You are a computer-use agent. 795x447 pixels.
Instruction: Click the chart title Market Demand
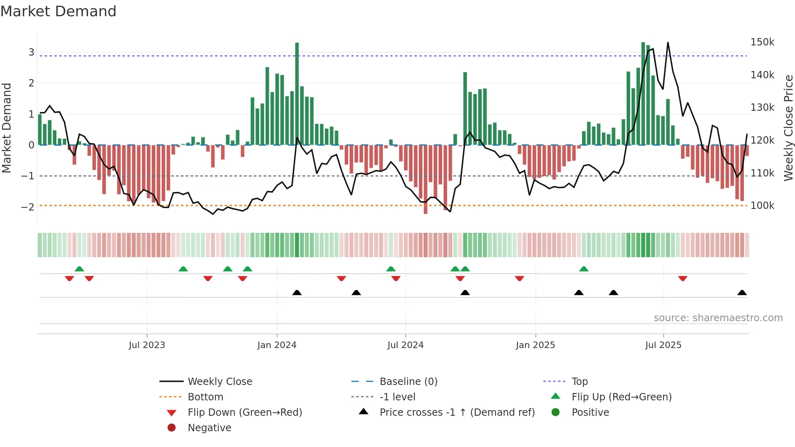(x=58, y=11)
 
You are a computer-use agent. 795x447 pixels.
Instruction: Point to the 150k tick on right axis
(x=762, y=42)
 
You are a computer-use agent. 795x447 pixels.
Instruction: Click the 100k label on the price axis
(x=762, y=206)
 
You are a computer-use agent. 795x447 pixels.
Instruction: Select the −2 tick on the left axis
(x=28, y=207)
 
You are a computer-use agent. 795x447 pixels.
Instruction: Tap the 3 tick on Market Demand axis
(x=31, y=52)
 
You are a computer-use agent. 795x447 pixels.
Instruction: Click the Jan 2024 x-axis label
(x=277, y=345)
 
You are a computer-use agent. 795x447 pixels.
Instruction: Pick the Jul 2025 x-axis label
(x=663, y=345)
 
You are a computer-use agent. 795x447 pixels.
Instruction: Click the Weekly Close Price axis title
(x=788, y=128)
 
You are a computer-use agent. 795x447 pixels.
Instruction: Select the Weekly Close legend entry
(x=219, y=382)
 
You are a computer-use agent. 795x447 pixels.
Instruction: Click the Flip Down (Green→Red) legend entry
(x=245, y=413)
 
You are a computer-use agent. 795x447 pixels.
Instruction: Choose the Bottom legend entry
(x=205, y=397)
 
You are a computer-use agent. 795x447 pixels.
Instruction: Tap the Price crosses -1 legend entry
(x=457, y=413)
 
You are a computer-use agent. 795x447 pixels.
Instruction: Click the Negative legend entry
(x=209, y=428)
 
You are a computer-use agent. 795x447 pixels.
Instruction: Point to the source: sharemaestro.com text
(x=718, y=318)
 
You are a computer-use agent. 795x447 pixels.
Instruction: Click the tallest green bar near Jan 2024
(x=297, y=93)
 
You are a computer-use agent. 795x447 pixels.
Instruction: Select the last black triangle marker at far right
(x=742, y=293)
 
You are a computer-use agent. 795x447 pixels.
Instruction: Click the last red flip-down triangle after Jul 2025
(x=683, y=278)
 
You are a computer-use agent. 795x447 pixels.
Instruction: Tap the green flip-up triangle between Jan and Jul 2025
(x=584, y=269)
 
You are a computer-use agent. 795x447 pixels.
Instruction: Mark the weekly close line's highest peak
(x=668, y=43)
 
